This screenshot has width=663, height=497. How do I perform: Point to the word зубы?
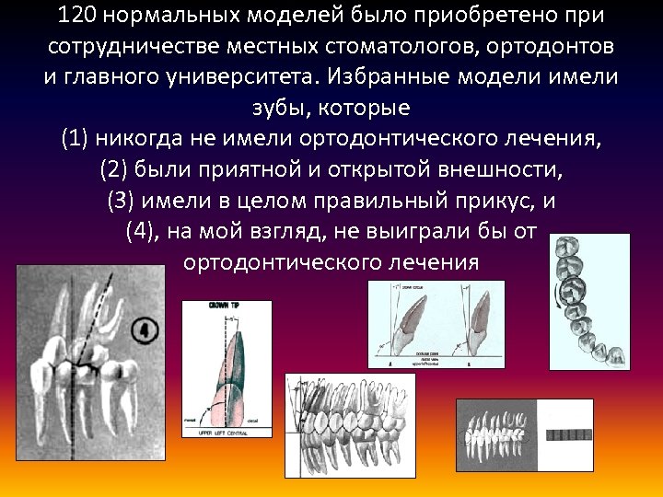(289, 108)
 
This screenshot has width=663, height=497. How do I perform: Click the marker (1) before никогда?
(77, 139)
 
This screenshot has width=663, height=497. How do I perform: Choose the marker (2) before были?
(114, 169)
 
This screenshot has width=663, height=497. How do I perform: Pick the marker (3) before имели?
(122, 200)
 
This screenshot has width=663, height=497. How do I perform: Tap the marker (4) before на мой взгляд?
(140, 230)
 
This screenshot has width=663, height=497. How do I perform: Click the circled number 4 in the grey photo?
(144, 329)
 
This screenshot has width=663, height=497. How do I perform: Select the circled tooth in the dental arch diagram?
(572, 287)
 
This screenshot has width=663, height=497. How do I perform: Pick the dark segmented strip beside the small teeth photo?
(571, 433)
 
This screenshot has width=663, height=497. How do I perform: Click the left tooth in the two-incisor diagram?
(405, 328)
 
